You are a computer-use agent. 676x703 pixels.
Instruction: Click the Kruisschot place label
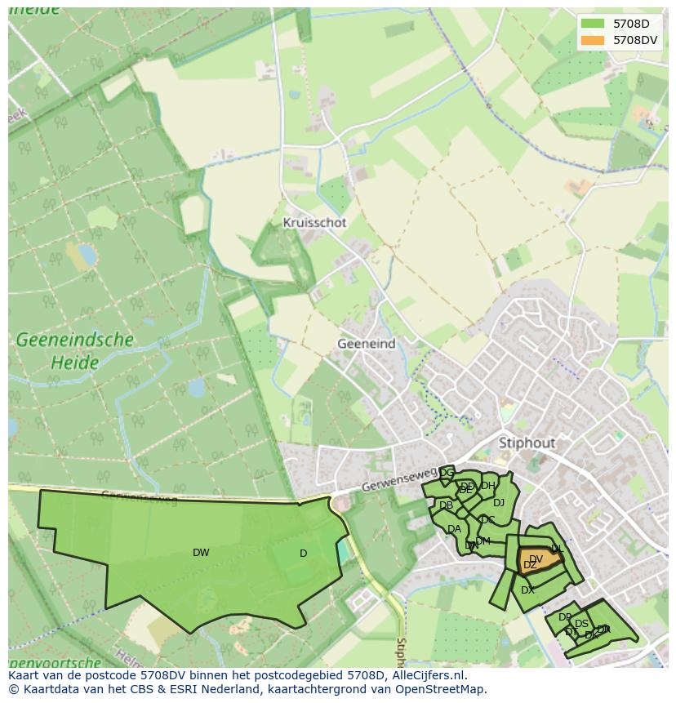pos(314,222)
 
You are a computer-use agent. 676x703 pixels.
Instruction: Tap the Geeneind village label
pos(366,344)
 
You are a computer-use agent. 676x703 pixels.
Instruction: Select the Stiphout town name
pos(527,443)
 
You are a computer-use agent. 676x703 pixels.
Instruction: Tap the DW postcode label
pos(201,553)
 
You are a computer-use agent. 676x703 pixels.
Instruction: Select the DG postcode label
pos(447,473)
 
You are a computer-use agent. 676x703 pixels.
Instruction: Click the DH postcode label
pos(487,486)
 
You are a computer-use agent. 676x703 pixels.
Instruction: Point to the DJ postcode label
pos(498,503)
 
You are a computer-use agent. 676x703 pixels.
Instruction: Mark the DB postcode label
pos(446,506)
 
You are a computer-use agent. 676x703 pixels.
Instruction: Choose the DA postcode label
pos(454,529)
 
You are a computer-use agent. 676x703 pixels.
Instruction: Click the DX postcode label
pos(527,590)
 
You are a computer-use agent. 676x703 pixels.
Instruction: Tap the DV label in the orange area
pos(536,558)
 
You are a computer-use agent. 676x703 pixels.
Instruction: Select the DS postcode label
pos(581,624)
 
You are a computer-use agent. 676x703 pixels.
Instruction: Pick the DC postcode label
pos(487,519)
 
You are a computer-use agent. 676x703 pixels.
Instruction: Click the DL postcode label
pos(557,549)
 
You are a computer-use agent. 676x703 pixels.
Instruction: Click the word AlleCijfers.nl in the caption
pos(427,675)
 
